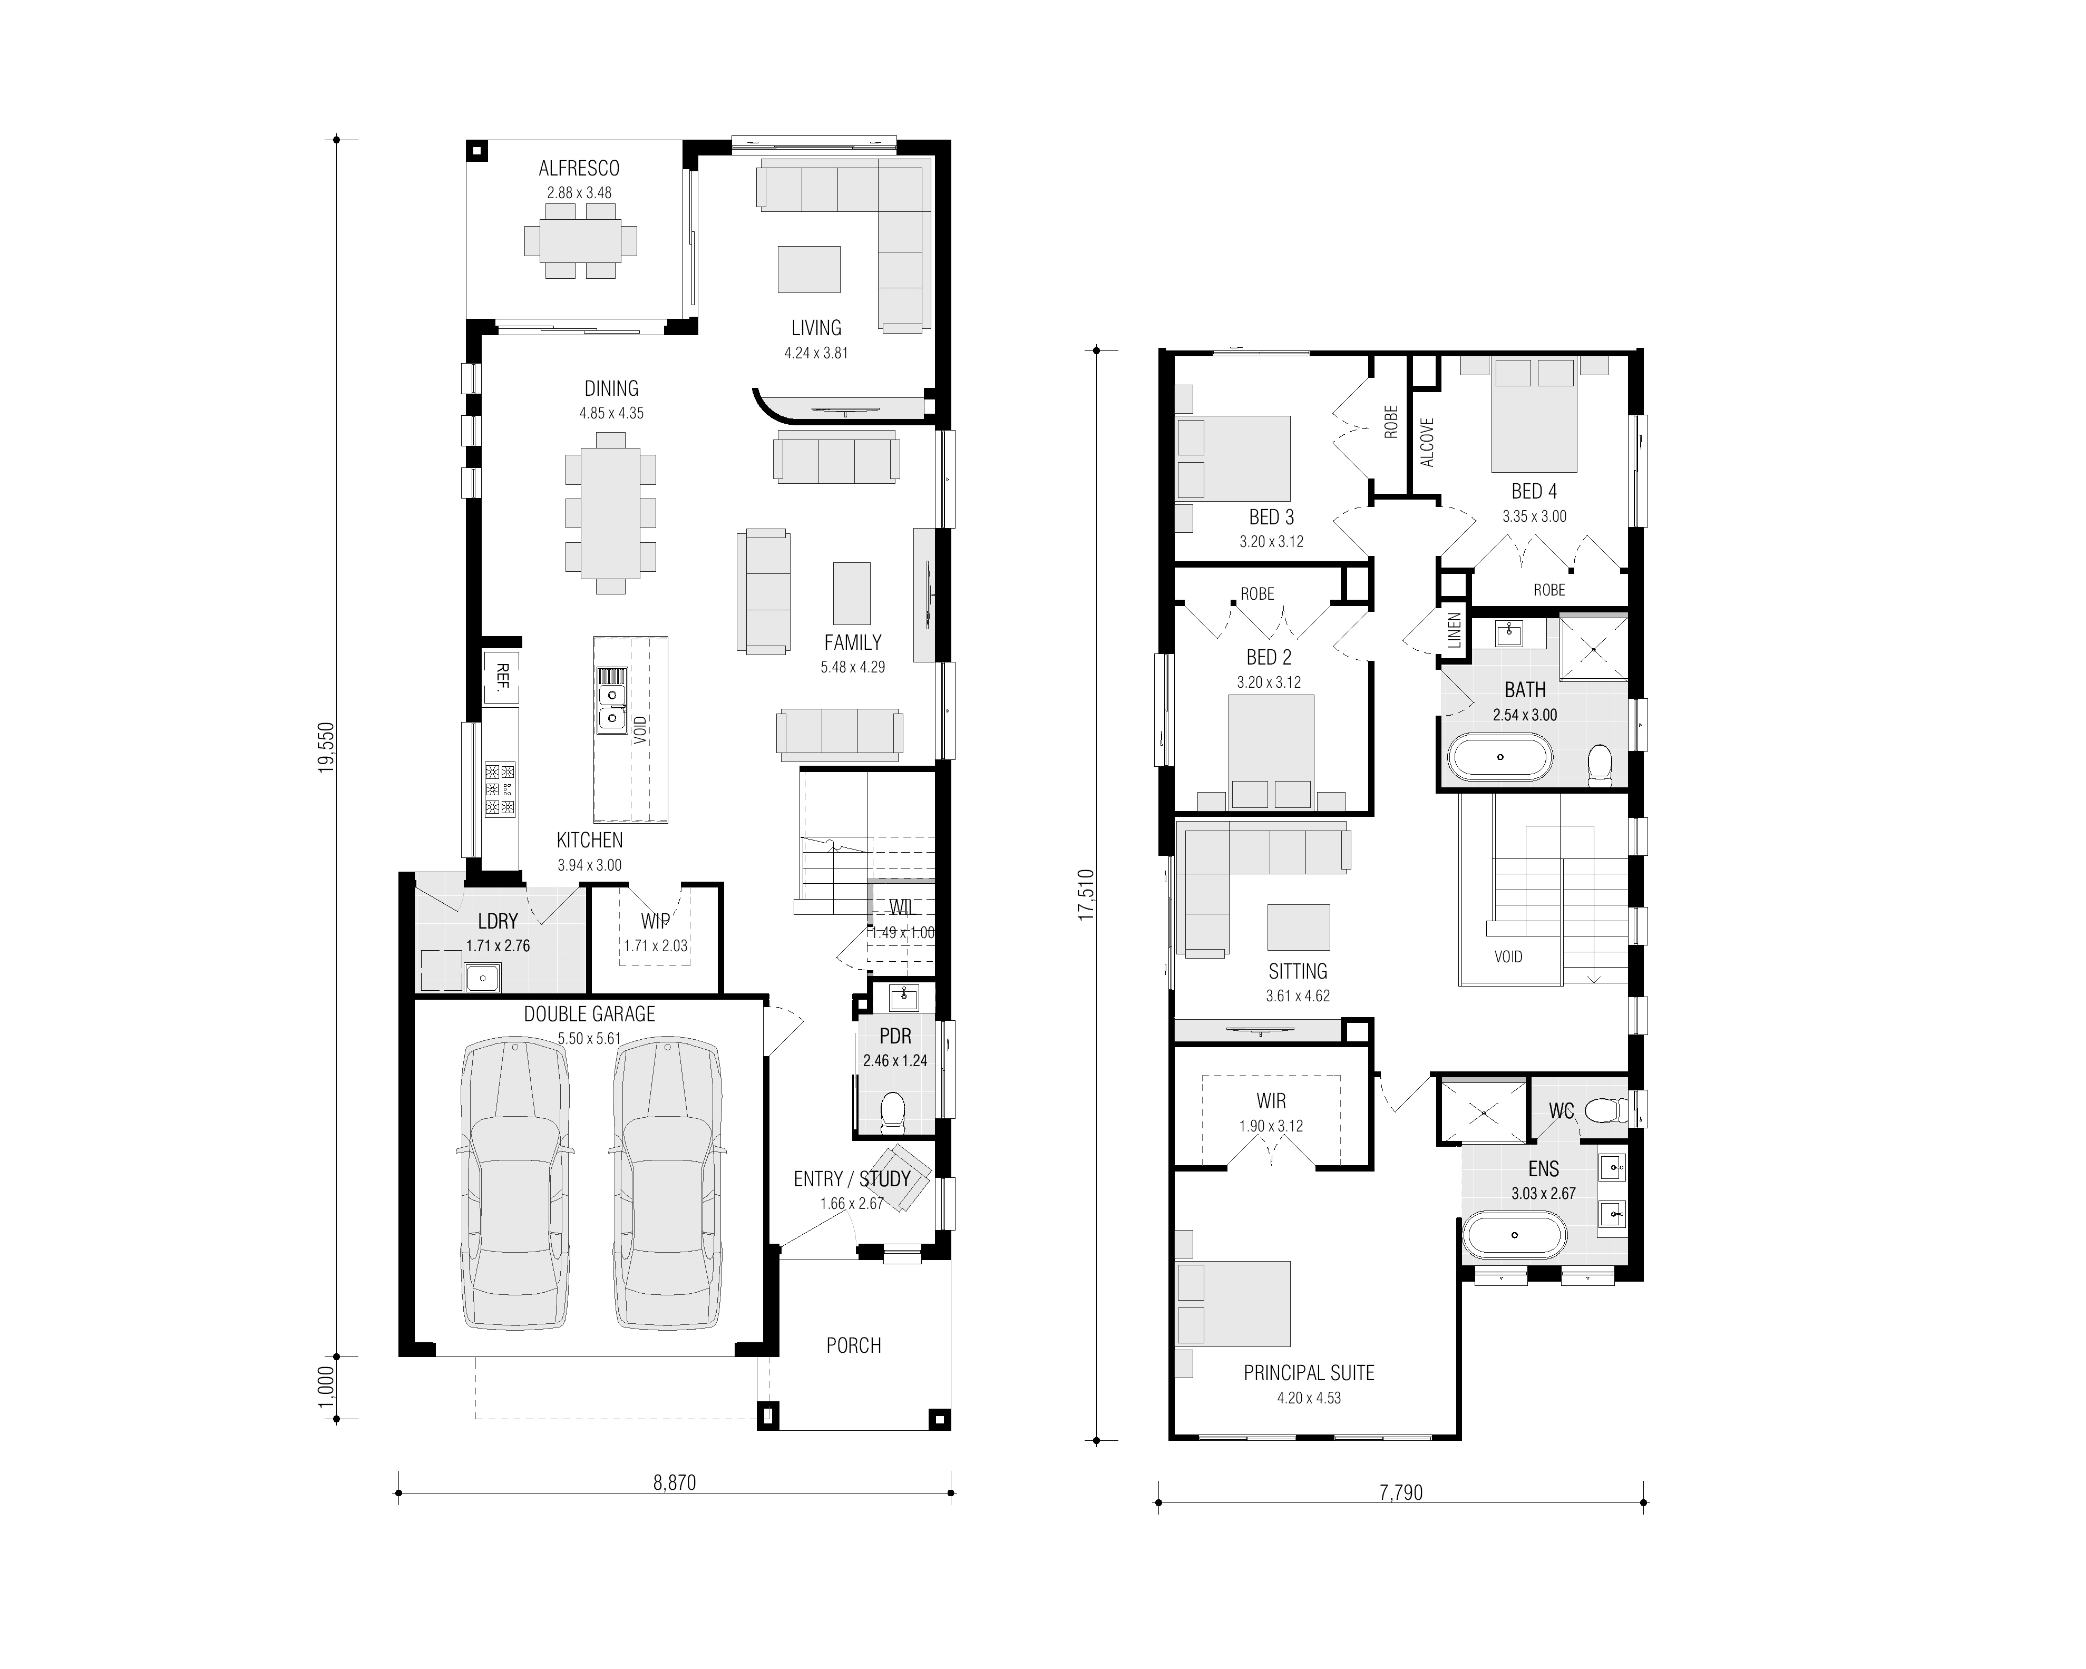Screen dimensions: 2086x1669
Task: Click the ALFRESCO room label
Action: click(579, 168)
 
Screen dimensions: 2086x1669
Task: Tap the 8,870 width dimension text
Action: click(675, 1482)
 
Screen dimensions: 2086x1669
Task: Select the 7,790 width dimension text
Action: click(1401, 1492)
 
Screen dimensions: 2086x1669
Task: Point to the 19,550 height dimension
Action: click(327, 746)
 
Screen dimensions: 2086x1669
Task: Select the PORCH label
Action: click(853, 1345)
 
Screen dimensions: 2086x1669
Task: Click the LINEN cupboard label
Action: click(1454, 630)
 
